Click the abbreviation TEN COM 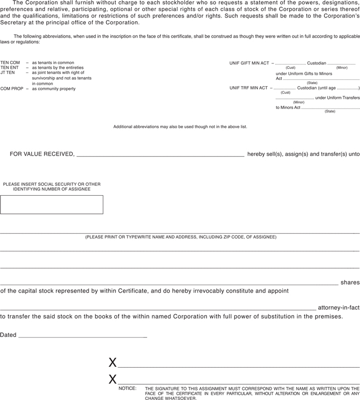(x=10, y=63)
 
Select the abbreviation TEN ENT (x=10, y=68)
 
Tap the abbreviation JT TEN (x=7, y=73)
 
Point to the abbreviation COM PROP (x=12, y=89)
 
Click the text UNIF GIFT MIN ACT (x=249, y=63)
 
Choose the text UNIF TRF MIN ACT (x=249, y=88)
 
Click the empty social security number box (x=51, y=205)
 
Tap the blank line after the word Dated (x=83, y=335)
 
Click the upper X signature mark (x=112, y=363)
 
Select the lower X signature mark (x=112, y=379)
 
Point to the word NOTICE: (x=128, y=388)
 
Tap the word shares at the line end (x=350, y=283)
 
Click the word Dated (x=8, y=335)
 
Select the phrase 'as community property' (x=54, y=89)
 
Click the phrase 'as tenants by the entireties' (x=58, y=68)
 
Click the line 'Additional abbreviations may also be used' (x=180, y=127)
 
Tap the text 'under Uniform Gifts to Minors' (x=304, y=73)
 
